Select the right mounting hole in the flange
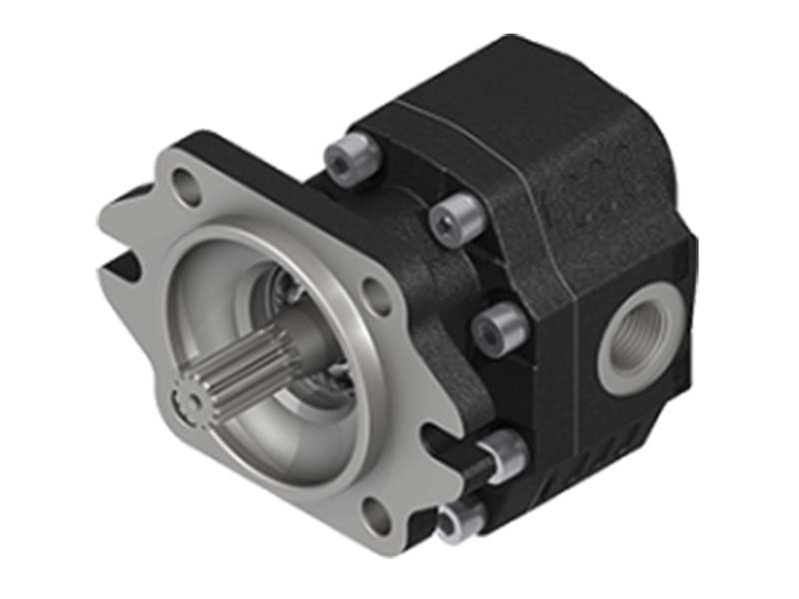pyautogui.click(x=376, y=297)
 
